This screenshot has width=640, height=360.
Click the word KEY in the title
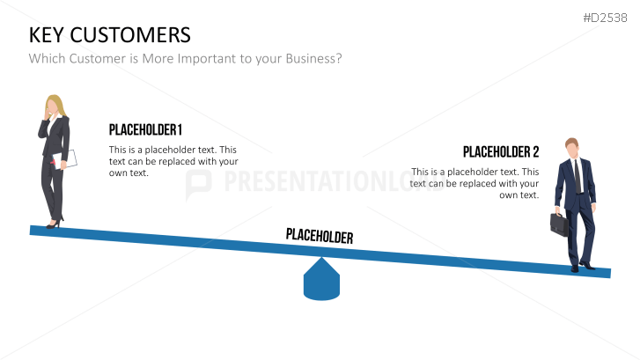47,34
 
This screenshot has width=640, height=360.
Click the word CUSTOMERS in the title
130,34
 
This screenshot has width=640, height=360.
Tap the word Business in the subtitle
313,58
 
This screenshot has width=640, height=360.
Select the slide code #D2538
605,18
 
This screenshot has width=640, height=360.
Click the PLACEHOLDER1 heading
145,129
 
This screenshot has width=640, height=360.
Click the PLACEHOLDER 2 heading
501,152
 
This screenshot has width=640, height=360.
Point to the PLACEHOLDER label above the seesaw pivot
320,236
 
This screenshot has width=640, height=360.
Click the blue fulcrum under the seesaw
321,280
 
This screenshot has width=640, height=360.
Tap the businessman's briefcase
559,224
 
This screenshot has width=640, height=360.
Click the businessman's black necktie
577,176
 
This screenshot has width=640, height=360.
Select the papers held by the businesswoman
65,159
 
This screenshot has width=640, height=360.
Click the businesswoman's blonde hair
56,107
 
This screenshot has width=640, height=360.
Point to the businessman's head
572,148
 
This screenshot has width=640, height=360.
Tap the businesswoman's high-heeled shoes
55,223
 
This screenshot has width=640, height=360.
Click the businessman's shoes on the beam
583,267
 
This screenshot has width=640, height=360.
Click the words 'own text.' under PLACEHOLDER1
129,173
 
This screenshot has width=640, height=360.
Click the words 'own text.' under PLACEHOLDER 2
519,195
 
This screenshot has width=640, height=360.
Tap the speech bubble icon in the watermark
198,185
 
